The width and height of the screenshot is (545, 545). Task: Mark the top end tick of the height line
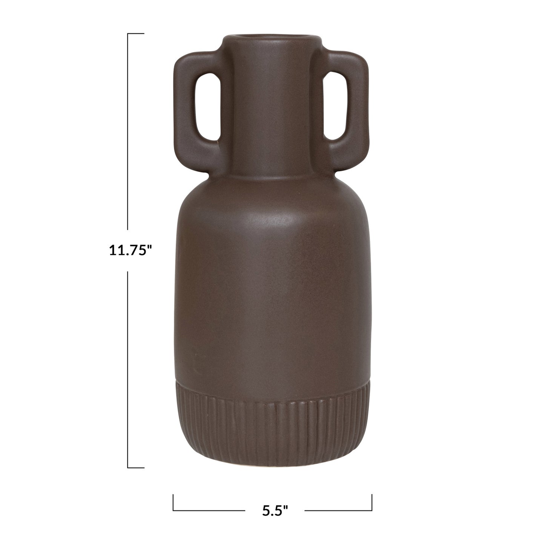(136, 34)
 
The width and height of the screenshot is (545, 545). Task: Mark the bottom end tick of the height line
(136, 468)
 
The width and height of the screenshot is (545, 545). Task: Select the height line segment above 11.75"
(128, 132)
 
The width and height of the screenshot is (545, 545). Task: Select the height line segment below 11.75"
(128, 370)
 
